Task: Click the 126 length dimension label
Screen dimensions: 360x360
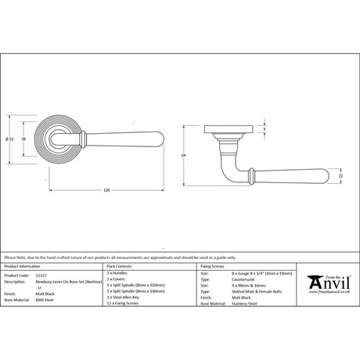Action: (106, 189)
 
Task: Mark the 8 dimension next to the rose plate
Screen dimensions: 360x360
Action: (263, 130)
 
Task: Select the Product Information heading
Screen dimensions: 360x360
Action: (23, 266)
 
